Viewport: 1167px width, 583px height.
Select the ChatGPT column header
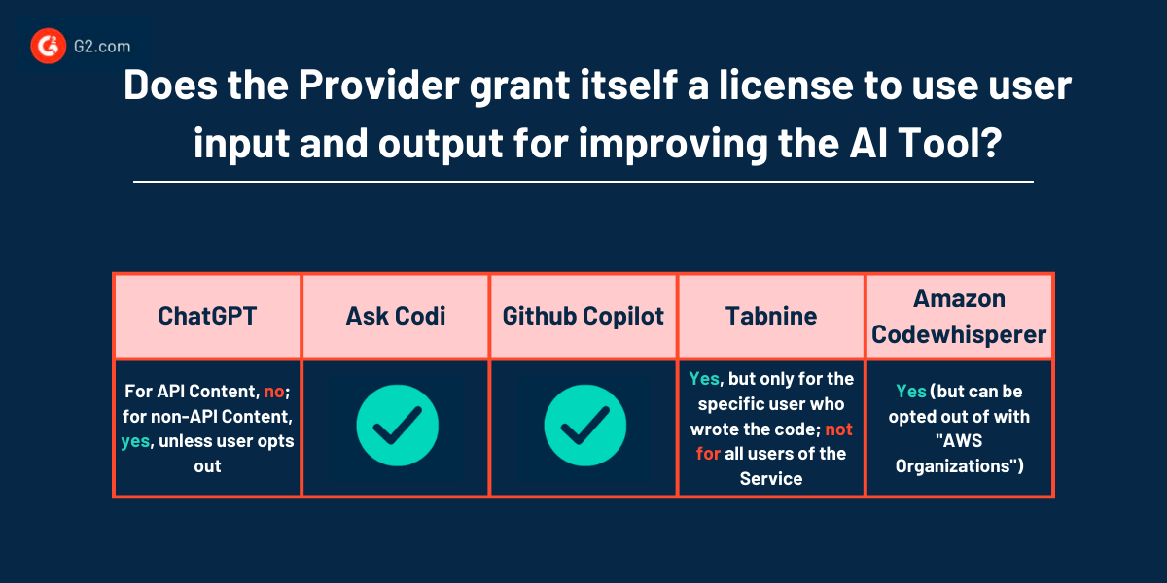click(x=206, y=316)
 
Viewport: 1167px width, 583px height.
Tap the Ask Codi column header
click(x=395, y=316)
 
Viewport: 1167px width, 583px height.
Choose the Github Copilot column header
click(x=583, y=316)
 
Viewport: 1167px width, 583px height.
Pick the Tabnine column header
click(x=771, y=316)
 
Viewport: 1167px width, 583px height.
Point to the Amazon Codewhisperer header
click(x=959, y=316)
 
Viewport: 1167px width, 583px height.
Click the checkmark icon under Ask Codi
click(x=395, y=429)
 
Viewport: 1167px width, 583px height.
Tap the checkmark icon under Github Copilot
click(x=583, y=429)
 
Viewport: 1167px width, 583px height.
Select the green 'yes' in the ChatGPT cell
click(x=134, y=441)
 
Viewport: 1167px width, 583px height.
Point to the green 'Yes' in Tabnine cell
click(x=704, y=378)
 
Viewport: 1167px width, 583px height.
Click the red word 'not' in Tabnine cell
click(x=839, y=429)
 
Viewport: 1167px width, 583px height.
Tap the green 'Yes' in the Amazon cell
click(x=911, y=391)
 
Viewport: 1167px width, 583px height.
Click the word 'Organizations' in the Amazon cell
click(x=949, y=466)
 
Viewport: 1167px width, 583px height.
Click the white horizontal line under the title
click(x=583, y=181)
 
